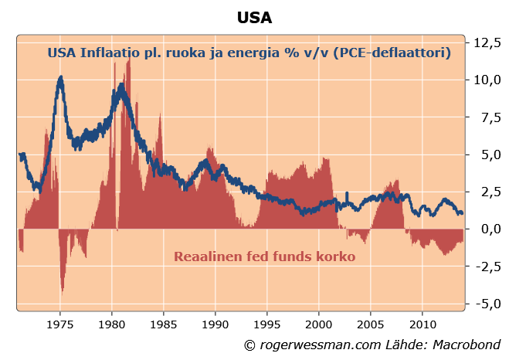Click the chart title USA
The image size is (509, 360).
point(255,17)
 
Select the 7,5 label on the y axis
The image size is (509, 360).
point(487,117)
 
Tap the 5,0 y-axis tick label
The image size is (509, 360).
point(487,155)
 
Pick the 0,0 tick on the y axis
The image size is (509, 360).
point(487,229)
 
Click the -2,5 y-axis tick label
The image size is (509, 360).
point(485,267)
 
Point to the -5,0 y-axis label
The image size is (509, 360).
point(485,304)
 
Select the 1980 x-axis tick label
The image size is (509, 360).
point(112,322)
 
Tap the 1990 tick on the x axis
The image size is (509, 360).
point(215,322)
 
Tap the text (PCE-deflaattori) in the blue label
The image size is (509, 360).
point(389,53)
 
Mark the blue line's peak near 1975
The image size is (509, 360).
point(60,77)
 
